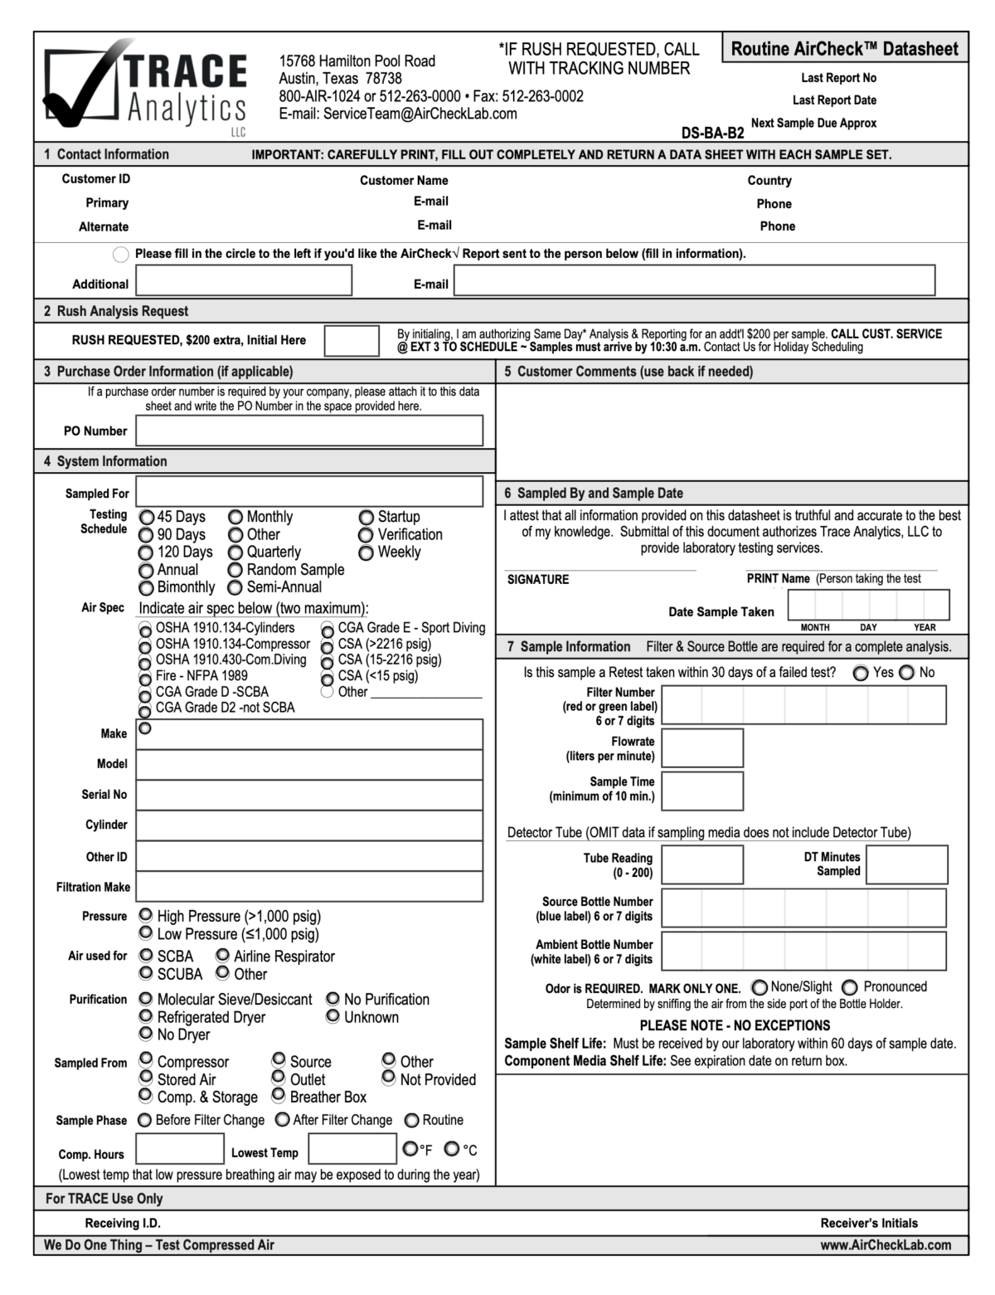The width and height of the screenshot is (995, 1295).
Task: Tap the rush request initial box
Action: tap(351, 340)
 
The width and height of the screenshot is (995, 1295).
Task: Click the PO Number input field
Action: tap(309, 431)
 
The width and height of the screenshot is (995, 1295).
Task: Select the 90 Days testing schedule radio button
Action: tap(146, 535)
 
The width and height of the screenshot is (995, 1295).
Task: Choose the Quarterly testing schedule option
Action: tap(235, 553)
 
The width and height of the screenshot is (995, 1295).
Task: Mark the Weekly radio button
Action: tap(366, 553)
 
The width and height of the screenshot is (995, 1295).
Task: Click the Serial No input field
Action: tap(309, 795)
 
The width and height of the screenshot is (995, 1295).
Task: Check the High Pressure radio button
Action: tap(146, 915)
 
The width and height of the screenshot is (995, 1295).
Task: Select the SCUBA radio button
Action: tap(146, 973)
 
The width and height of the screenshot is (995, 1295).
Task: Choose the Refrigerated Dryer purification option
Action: tap(146, 1016)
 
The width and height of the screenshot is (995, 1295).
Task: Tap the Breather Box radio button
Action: tap(279, 1095)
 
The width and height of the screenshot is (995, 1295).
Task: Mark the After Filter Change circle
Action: tap(282, 1120)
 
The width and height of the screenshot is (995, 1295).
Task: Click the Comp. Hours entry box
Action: tap(180, 1149)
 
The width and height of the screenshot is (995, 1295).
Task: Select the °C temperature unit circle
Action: tap(452, 1149)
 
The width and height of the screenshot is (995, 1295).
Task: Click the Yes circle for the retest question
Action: tap(862, 673)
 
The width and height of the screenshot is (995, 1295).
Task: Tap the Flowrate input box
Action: tap(702, 748)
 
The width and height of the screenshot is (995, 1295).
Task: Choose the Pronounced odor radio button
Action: tap(850, 987)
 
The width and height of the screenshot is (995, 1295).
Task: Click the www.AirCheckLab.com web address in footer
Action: tap(885, 1244)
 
